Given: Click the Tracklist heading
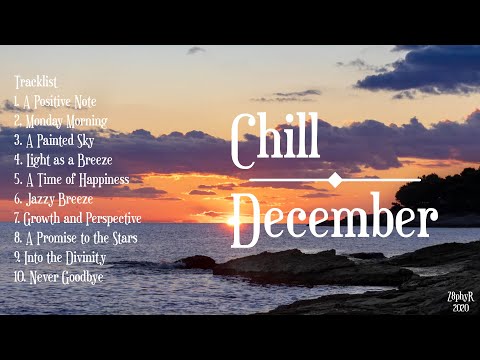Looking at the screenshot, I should (x=35, y=82).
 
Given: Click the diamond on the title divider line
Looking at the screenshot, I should (x=334, y=179).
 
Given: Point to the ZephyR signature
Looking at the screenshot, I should (x=459, y=298).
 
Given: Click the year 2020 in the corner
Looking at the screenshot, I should (x=460, y=308).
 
